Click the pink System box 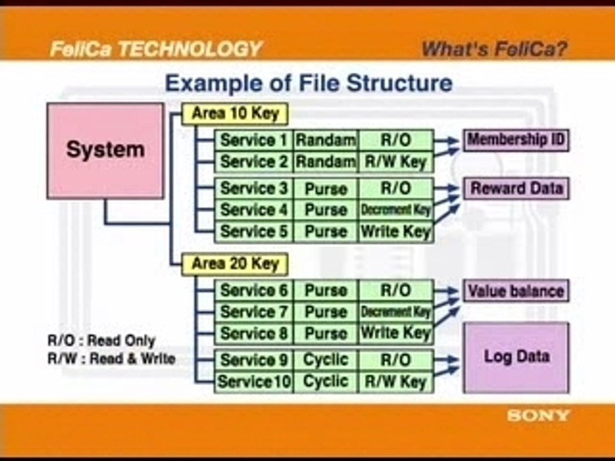point(105,151)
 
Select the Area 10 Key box point(235,114)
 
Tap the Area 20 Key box point(235,264)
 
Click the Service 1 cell point(254,140)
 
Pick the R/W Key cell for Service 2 point(396,162)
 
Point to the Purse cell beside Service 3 point(325,189)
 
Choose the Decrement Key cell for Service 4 point(396,210)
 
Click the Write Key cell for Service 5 point(396,232)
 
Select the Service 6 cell point(254,291)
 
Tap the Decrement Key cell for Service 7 point(396,312)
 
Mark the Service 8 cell point(254,334)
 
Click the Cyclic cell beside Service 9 point(325,360)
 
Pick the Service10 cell point(254,382)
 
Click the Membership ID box point(516,140)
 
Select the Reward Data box point(516,188)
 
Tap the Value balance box point(516,291)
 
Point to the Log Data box point(516,357)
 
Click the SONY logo point(537,416)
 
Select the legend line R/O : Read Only point(102,341)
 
